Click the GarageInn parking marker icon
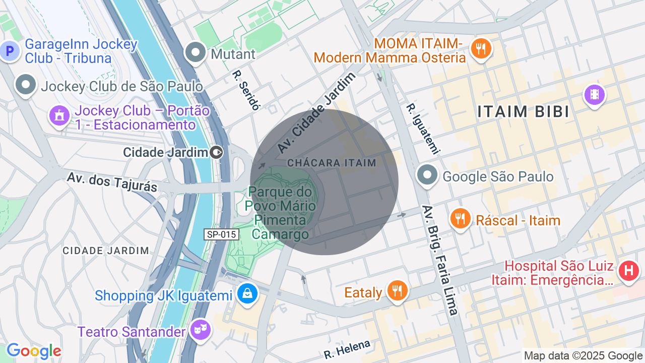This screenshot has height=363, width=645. [9, 50]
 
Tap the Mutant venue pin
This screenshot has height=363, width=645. [195, 52]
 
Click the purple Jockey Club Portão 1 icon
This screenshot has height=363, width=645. [59, 116]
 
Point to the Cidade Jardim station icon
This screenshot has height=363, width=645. [216, 152]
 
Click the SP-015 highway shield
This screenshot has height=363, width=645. [221, 234]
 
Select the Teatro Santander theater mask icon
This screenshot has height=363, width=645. [200, 330]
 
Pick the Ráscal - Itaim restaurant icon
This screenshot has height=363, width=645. [460, 219]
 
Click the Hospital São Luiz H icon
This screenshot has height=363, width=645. [629, 271]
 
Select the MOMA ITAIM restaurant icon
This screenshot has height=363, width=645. [481, 49]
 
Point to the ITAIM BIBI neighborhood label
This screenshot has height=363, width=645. [523, 112]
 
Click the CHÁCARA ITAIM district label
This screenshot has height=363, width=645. [332, 163]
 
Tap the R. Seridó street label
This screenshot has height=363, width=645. [246, 90]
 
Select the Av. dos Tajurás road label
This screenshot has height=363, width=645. [112, 182]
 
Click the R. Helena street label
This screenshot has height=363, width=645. [347, 349]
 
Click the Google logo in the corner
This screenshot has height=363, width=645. [34, 351]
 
